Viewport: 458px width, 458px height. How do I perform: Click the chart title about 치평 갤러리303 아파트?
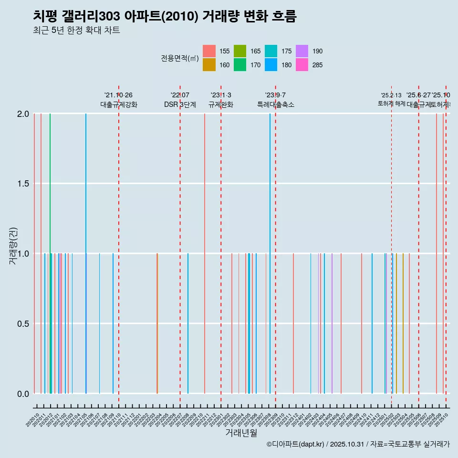(165, 16)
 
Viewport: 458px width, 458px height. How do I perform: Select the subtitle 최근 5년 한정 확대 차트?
(76, 31)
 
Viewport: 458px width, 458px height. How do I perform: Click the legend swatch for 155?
(209, 51)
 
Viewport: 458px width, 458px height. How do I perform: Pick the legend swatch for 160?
(209, 65)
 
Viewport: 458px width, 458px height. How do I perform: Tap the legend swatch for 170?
(240, 65)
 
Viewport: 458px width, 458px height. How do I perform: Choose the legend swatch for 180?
(271, 65)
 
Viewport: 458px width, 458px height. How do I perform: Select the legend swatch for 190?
(302, 51)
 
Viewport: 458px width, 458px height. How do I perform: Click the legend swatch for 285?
(302, 65)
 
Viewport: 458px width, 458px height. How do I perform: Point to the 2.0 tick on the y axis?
(23, 114)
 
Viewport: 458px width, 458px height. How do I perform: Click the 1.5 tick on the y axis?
(23, 184)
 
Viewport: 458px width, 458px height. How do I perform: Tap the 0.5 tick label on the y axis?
(23, 323)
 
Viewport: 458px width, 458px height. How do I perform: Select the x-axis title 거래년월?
(241, 433)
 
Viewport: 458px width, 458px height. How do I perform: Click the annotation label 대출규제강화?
(119, 104)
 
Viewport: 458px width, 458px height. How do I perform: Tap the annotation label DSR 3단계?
(180, 104)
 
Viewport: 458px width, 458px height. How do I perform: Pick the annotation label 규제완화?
(221, 104)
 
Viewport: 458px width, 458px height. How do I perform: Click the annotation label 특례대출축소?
(276, 104)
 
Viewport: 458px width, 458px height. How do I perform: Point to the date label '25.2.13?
(391, 95)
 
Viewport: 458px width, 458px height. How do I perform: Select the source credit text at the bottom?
(358, 445)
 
